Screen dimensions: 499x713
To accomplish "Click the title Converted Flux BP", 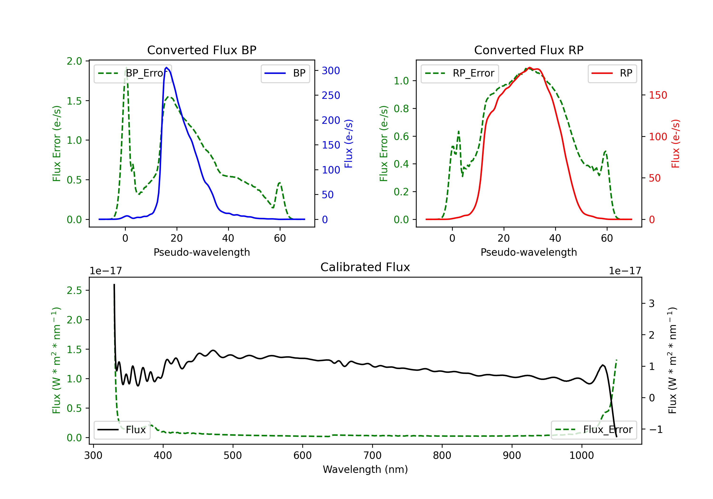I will click(202, 50).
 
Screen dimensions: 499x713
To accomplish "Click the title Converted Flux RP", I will click(529, 50).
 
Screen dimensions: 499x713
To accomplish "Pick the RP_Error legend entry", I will click(460, 73).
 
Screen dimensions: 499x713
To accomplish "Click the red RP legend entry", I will click(612, 73).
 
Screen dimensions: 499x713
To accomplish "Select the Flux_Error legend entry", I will click(594, 430).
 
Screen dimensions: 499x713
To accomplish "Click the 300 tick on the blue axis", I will click(331, 71).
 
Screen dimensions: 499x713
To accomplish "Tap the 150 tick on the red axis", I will click(658, 95).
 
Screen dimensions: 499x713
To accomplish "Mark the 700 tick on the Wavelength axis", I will click(372, 456).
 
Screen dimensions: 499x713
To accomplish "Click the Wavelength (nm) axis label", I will click(365, 469).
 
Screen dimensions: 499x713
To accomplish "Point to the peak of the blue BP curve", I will click(166, 67).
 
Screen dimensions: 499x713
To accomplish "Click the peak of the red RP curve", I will click(530, 68).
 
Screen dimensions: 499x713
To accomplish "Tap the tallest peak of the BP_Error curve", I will click(126, 67).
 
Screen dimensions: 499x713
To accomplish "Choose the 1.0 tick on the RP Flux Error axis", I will click(401, 81).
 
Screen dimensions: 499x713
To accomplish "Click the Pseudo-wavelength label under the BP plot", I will click(202, 252).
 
